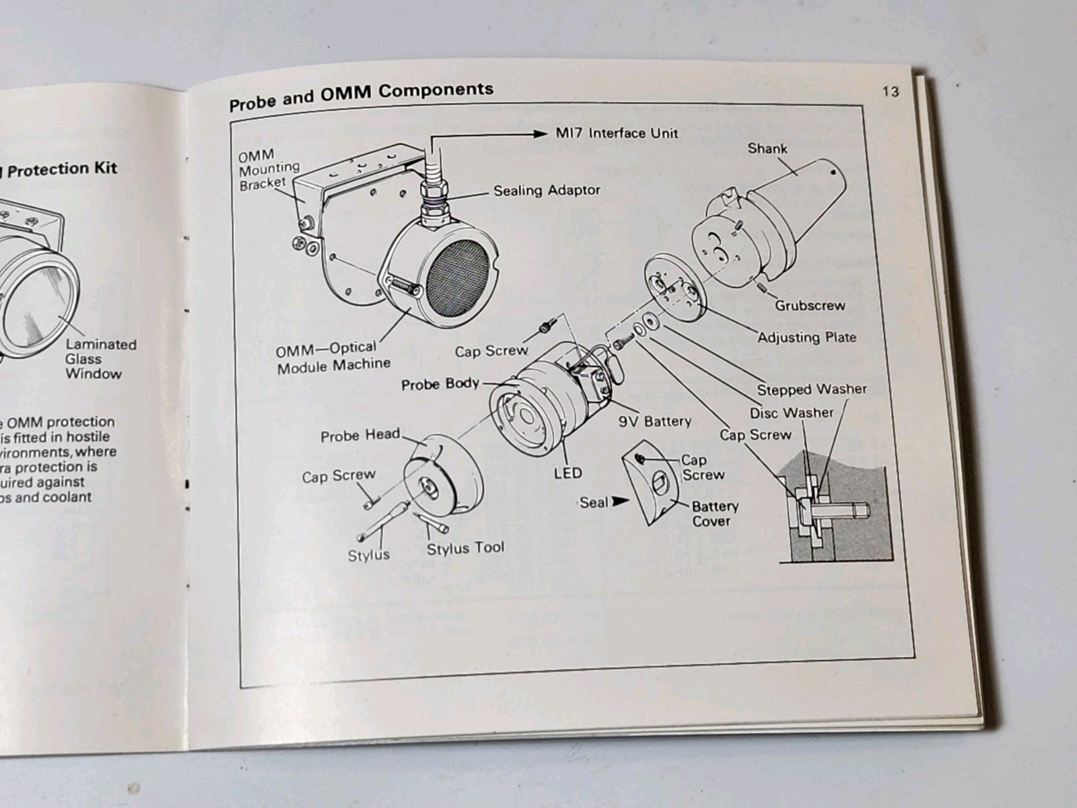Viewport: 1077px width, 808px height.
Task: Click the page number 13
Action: [x=891, y=92]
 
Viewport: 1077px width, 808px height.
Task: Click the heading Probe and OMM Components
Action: [x=361, y=96]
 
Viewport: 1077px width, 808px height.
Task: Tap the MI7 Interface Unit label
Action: [x=617, y=133]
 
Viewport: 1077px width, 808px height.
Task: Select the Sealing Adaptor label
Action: [x=547, y=191]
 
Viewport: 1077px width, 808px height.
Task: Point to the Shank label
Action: [x=767, y=148]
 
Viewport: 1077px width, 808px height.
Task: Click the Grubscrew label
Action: [x=809, y=305]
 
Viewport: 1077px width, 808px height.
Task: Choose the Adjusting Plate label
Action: [x=806, y=337]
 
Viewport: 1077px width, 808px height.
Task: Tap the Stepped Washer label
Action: [x=811, y=389]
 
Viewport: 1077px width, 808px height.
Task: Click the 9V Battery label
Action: [x=655, y=422]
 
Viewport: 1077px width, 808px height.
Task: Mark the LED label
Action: [x=567, y=473]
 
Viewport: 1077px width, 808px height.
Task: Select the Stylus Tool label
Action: [x=464, y=548]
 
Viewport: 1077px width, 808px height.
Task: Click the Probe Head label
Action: [x=360, y=436]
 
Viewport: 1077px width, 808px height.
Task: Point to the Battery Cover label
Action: [x=714, y=513]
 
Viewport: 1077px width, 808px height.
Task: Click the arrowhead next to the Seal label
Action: [x=621, y=501]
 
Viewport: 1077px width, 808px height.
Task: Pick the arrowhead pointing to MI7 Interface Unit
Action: [x=540, y=133]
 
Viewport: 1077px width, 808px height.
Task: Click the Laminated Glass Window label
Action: [x=100, y=359]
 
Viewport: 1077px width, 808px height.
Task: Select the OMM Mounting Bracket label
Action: [x=268, y=170]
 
